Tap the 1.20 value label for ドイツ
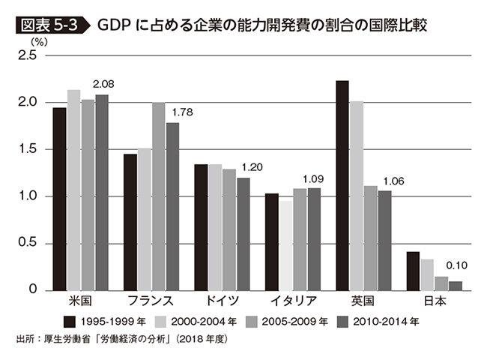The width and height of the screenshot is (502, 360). [253, 167]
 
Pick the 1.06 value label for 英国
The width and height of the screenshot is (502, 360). [393, 181]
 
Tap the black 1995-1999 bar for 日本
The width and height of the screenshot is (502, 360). [412, 271]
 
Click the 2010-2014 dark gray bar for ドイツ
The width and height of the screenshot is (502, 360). [243, 233]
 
